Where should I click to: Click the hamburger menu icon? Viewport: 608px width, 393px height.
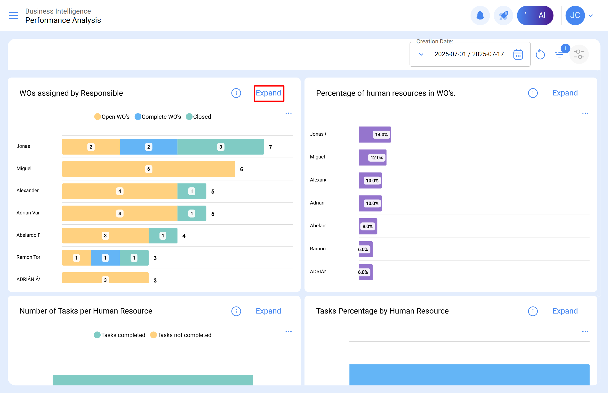14,16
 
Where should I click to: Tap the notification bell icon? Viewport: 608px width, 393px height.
480,16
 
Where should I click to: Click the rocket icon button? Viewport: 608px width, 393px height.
503,16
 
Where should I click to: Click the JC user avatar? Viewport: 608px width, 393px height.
575,16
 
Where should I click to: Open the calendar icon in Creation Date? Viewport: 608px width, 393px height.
518,54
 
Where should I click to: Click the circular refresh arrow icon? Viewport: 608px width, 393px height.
540,54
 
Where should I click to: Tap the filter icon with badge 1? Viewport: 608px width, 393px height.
559,54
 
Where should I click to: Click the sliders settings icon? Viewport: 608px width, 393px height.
579,54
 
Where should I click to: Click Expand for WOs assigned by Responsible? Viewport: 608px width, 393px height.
268,93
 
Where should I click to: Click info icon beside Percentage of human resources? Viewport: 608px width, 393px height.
533,93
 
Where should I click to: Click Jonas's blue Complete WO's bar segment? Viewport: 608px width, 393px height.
149,147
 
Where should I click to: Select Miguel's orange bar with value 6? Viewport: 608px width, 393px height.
148,169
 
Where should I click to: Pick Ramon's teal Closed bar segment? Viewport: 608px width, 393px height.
134,258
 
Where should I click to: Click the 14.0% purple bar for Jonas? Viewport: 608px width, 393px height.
375,134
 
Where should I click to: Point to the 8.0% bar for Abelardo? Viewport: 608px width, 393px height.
368,226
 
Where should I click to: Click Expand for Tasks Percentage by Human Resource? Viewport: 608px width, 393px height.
565,311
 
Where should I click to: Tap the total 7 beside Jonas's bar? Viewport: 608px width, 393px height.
270,147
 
